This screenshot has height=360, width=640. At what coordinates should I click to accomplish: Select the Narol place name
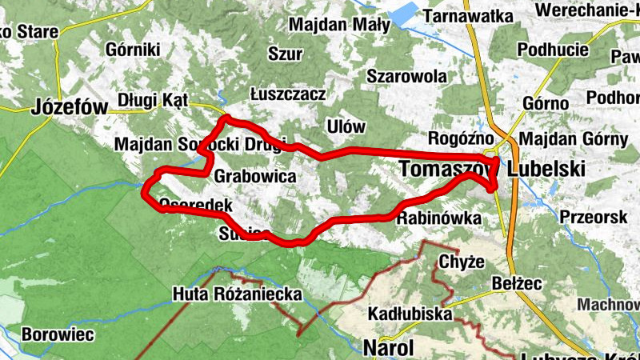388,348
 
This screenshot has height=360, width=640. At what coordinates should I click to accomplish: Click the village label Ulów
346,127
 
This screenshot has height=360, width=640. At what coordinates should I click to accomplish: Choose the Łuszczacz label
287,94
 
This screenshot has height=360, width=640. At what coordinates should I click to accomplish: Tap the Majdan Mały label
340,24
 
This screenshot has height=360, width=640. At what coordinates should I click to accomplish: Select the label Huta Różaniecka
238,294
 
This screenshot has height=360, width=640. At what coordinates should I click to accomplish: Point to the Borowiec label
58,334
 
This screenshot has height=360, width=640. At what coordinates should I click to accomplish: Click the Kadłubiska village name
410,314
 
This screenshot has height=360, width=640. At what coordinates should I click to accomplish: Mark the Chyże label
462,260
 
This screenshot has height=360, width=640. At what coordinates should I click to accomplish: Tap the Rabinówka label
438,218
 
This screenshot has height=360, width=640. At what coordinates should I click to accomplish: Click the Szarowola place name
406,76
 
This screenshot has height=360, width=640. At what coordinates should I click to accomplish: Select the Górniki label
133,50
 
